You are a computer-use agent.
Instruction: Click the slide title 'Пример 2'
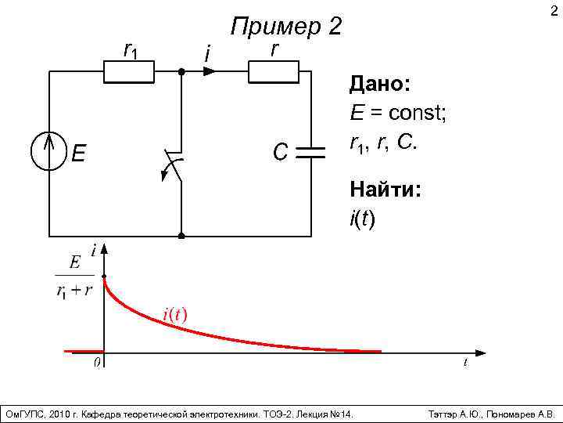coord(286,27)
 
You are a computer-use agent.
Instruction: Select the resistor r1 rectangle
coord(130,71)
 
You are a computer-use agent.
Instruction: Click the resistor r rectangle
coord(274,71)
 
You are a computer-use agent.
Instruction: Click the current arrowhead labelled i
coord(209,71)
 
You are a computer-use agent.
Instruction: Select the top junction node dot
coord(181,71)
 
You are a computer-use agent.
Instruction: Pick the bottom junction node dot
coord(181,234)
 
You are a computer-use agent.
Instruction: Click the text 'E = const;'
coord(398,114)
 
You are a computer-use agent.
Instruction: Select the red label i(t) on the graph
coord(174,314)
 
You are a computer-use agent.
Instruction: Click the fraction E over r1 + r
coord(74,276)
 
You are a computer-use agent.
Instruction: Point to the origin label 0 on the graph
coord(97,363)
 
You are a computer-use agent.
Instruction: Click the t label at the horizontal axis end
coord(465,363)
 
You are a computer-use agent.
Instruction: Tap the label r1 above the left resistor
coord(131,49)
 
